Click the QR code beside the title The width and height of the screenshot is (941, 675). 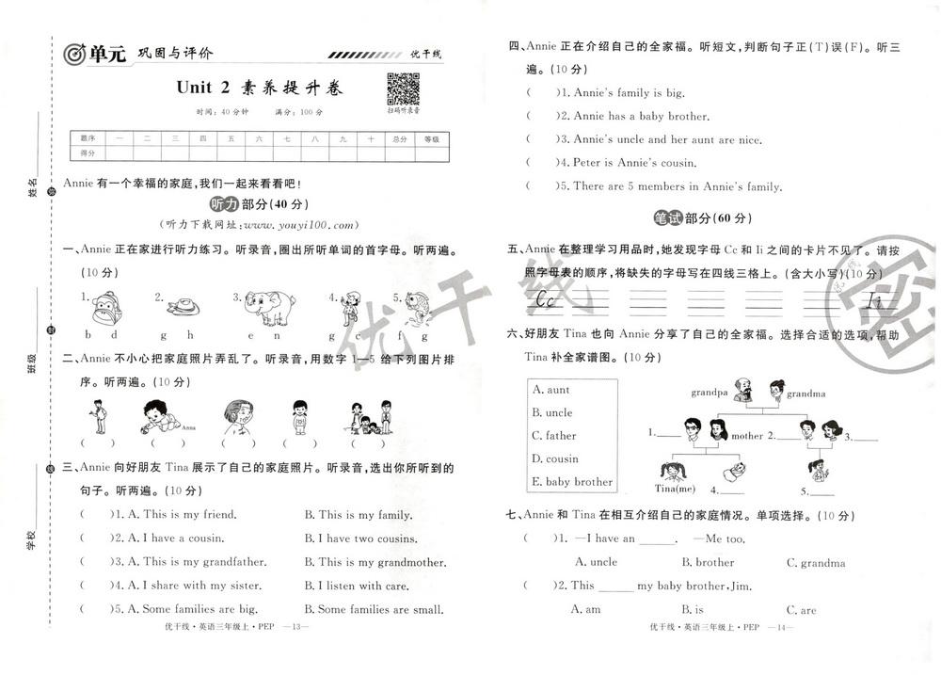[x=403, y=89]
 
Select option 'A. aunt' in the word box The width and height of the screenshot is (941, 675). [x=551, y=390]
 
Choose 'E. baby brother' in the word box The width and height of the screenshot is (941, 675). [x=572, y=482]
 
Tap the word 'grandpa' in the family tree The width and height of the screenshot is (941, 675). [x=710, y=392]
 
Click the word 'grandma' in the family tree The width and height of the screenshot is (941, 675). [x=806, y=393]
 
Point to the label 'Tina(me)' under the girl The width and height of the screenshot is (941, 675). [x=674, y=488]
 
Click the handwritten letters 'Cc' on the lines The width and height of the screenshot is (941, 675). [x=543, y=300]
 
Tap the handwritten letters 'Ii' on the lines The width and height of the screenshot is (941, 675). [x=874, y=301]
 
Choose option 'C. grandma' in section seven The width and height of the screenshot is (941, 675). [x=816, y=563]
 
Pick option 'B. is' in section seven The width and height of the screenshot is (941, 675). [x=693, y=609]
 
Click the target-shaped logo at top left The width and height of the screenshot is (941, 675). [x=74, y=56]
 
